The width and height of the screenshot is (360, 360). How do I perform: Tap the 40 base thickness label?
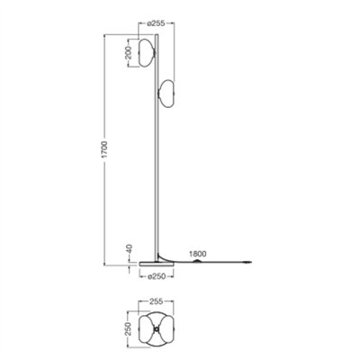point(131,247)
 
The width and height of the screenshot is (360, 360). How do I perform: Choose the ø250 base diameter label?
point(154,275)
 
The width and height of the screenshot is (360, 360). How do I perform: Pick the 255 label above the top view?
point(155,304)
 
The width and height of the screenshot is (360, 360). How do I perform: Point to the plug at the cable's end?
point(250,263)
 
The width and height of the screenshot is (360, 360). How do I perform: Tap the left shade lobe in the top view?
point(148,333)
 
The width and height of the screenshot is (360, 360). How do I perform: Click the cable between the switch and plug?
point(225,263)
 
